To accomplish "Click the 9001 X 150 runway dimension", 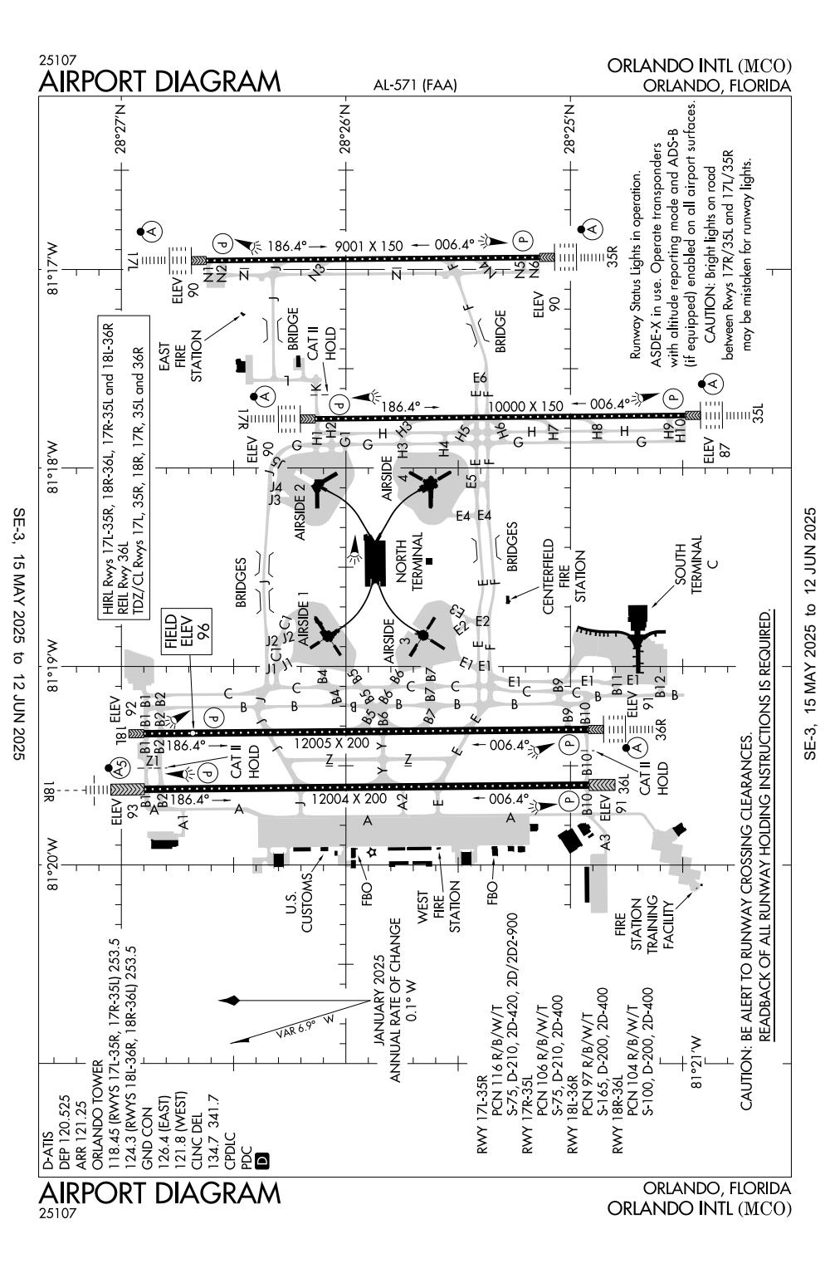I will (369, 246).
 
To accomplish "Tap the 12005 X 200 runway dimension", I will (331, 743).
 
